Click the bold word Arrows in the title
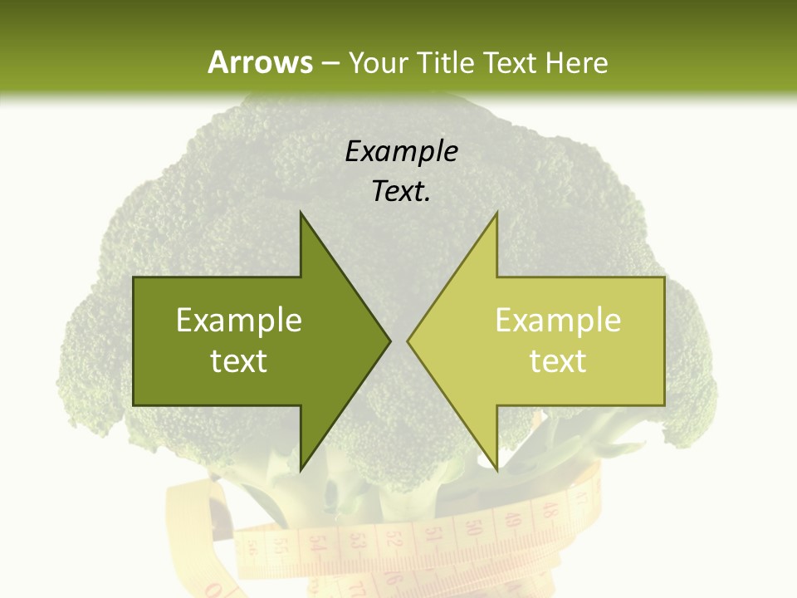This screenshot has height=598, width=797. [x=259, y=62]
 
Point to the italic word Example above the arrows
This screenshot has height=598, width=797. [x=401, y=152]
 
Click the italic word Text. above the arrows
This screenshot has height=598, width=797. [x=401, y=192]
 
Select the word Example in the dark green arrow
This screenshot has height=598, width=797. [x=239, y=320]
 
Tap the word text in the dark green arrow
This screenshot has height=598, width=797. [x=239, y=360]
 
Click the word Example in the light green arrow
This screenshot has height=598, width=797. [x=558, y=320]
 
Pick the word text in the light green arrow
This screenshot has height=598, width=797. [x=558, y=360]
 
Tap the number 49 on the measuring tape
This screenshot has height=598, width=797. [x=513, y=519]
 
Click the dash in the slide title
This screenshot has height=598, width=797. [x=330, y=63]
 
